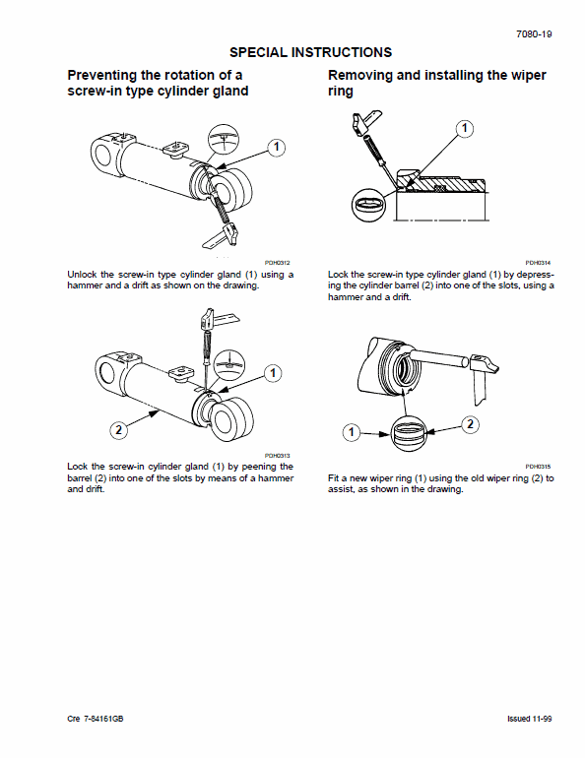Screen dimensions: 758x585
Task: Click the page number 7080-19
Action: pos(534,33)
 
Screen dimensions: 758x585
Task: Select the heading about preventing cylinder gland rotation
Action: pos(157,84)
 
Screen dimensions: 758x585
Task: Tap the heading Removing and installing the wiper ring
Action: pos(436,84)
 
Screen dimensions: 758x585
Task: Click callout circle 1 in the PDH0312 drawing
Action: pos(277,147)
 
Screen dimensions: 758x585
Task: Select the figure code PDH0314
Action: pos(538,263)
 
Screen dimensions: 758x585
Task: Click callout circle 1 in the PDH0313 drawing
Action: pos(273,373)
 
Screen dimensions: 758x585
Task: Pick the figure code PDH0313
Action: pos(279,454)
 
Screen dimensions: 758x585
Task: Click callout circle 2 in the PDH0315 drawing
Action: pos(470,424)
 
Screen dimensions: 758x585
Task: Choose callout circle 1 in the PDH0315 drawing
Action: pos(350,431)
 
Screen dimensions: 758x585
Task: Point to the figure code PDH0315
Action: pos(538,466)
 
